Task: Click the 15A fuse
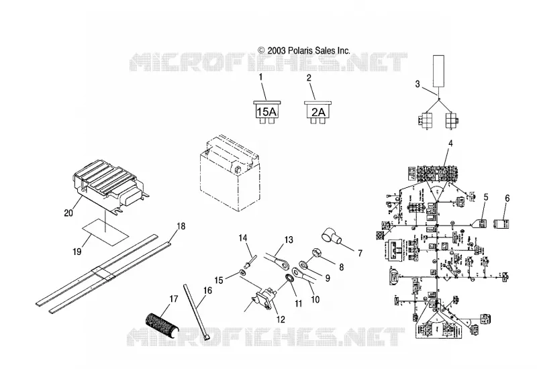pyautogui.click(x=267, y=112)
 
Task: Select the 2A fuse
pyautogui.click(x=318, y=112)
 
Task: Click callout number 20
pyautogui.click(x=68, y=213)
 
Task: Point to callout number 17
pyautogui.click(x=174, y=299)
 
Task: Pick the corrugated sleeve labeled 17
pyautogui.click(x=162, y=327)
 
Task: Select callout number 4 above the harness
pyautogui.click(x=450, y=143)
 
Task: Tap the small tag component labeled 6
pyautogui.click(x=503, y=224)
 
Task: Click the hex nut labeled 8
pyautogui.click(x=315, y=254)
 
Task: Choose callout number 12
pyautogui.click(x=281, y=319)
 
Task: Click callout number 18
pyautogui.click(x=181, y=226)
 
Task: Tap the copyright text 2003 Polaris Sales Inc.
pyautogui.click(x=304, y=51)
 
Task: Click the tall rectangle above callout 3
pyautogui.click(x=439, y=70)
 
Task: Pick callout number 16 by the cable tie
pyautogui.click(x=207, y=291)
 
